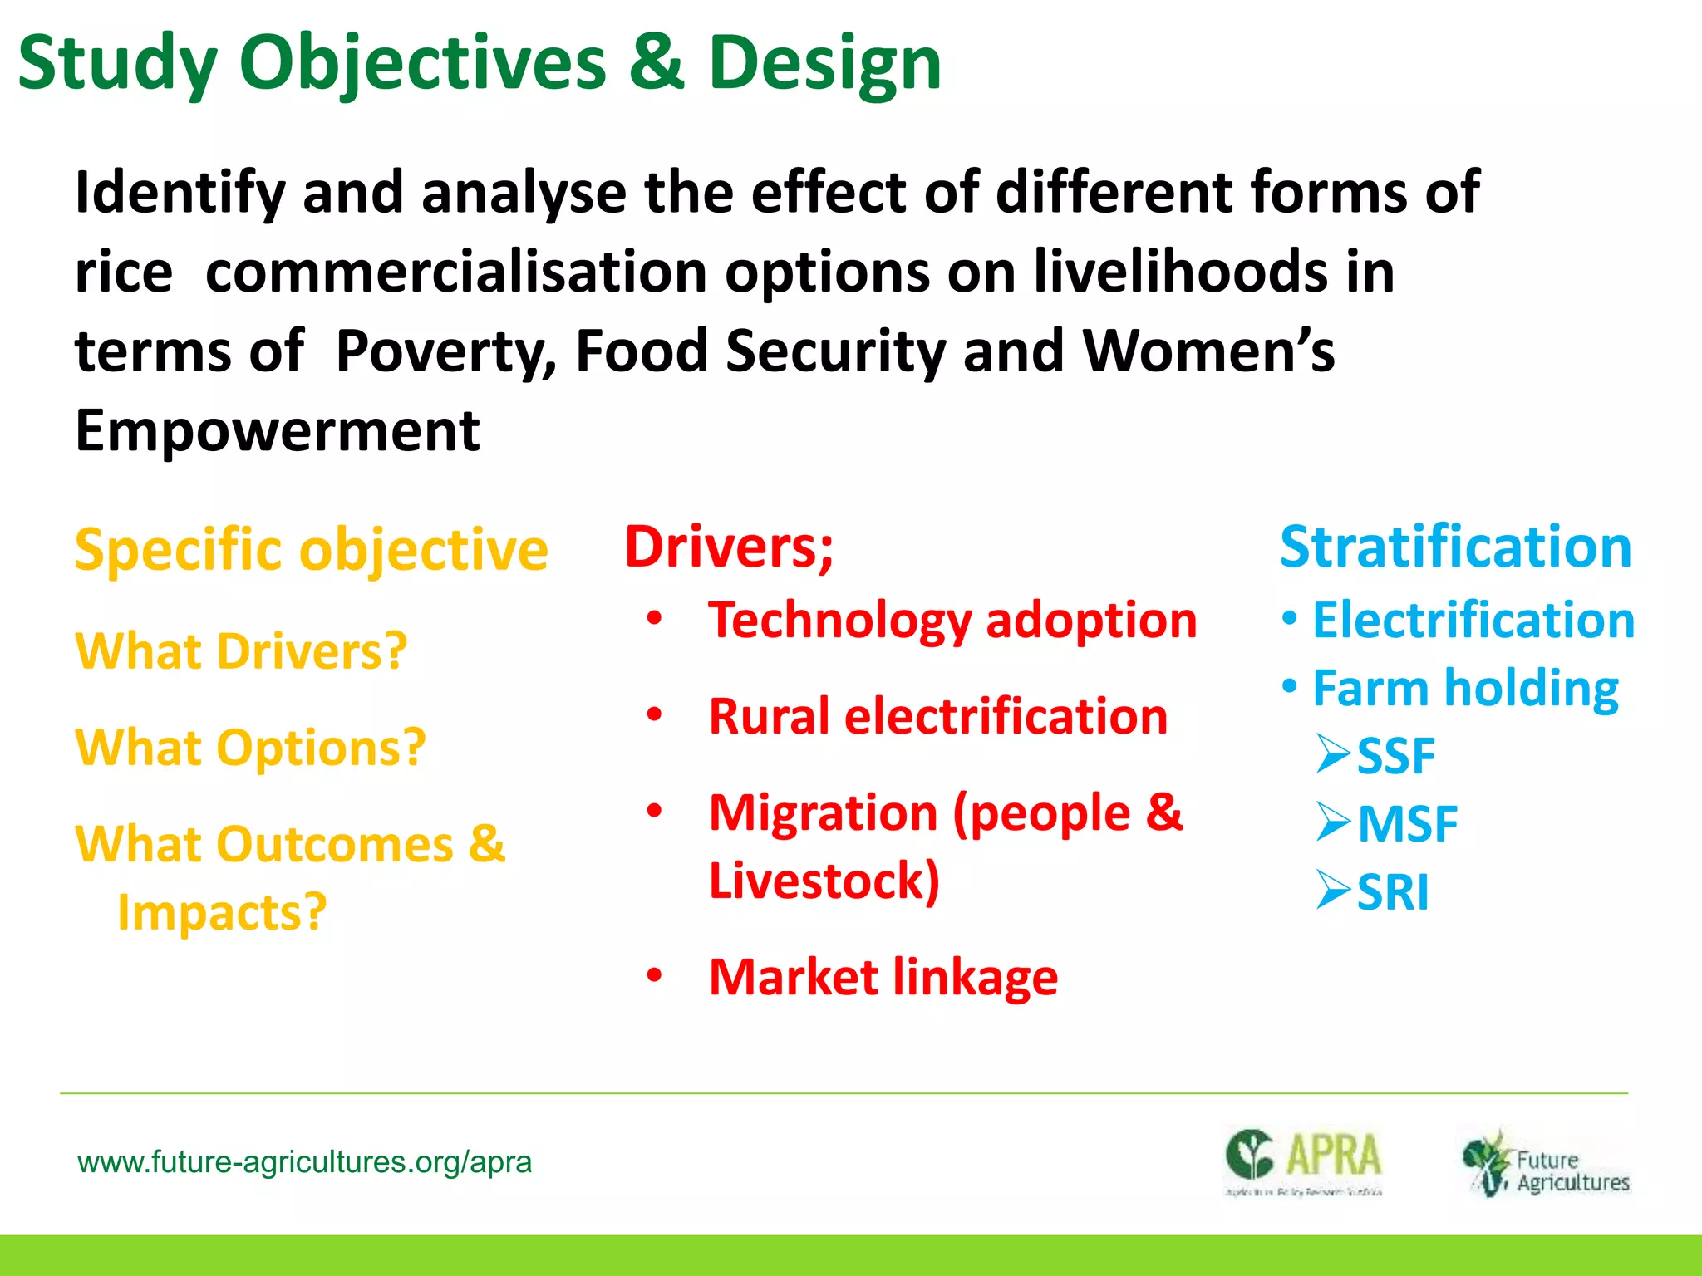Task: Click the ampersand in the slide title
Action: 657,63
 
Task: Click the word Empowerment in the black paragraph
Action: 278,430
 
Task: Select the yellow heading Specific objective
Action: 311,550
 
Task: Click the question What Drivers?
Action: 241,650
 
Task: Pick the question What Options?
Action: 250,747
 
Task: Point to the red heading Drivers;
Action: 729,547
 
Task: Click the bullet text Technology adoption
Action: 952,621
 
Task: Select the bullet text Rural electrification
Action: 938,716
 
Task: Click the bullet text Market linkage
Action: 883,977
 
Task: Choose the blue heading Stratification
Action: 1456,547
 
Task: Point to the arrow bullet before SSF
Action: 1333,754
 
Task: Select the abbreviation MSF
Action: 1407,824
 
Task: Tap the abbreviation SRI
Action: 1393,892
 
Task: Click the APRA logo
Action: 1303,1161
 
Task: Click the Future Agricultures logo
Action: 1546,1163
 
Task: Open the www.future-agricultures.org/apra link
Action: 304,1161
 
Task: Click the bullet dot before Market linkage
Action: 655,977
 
